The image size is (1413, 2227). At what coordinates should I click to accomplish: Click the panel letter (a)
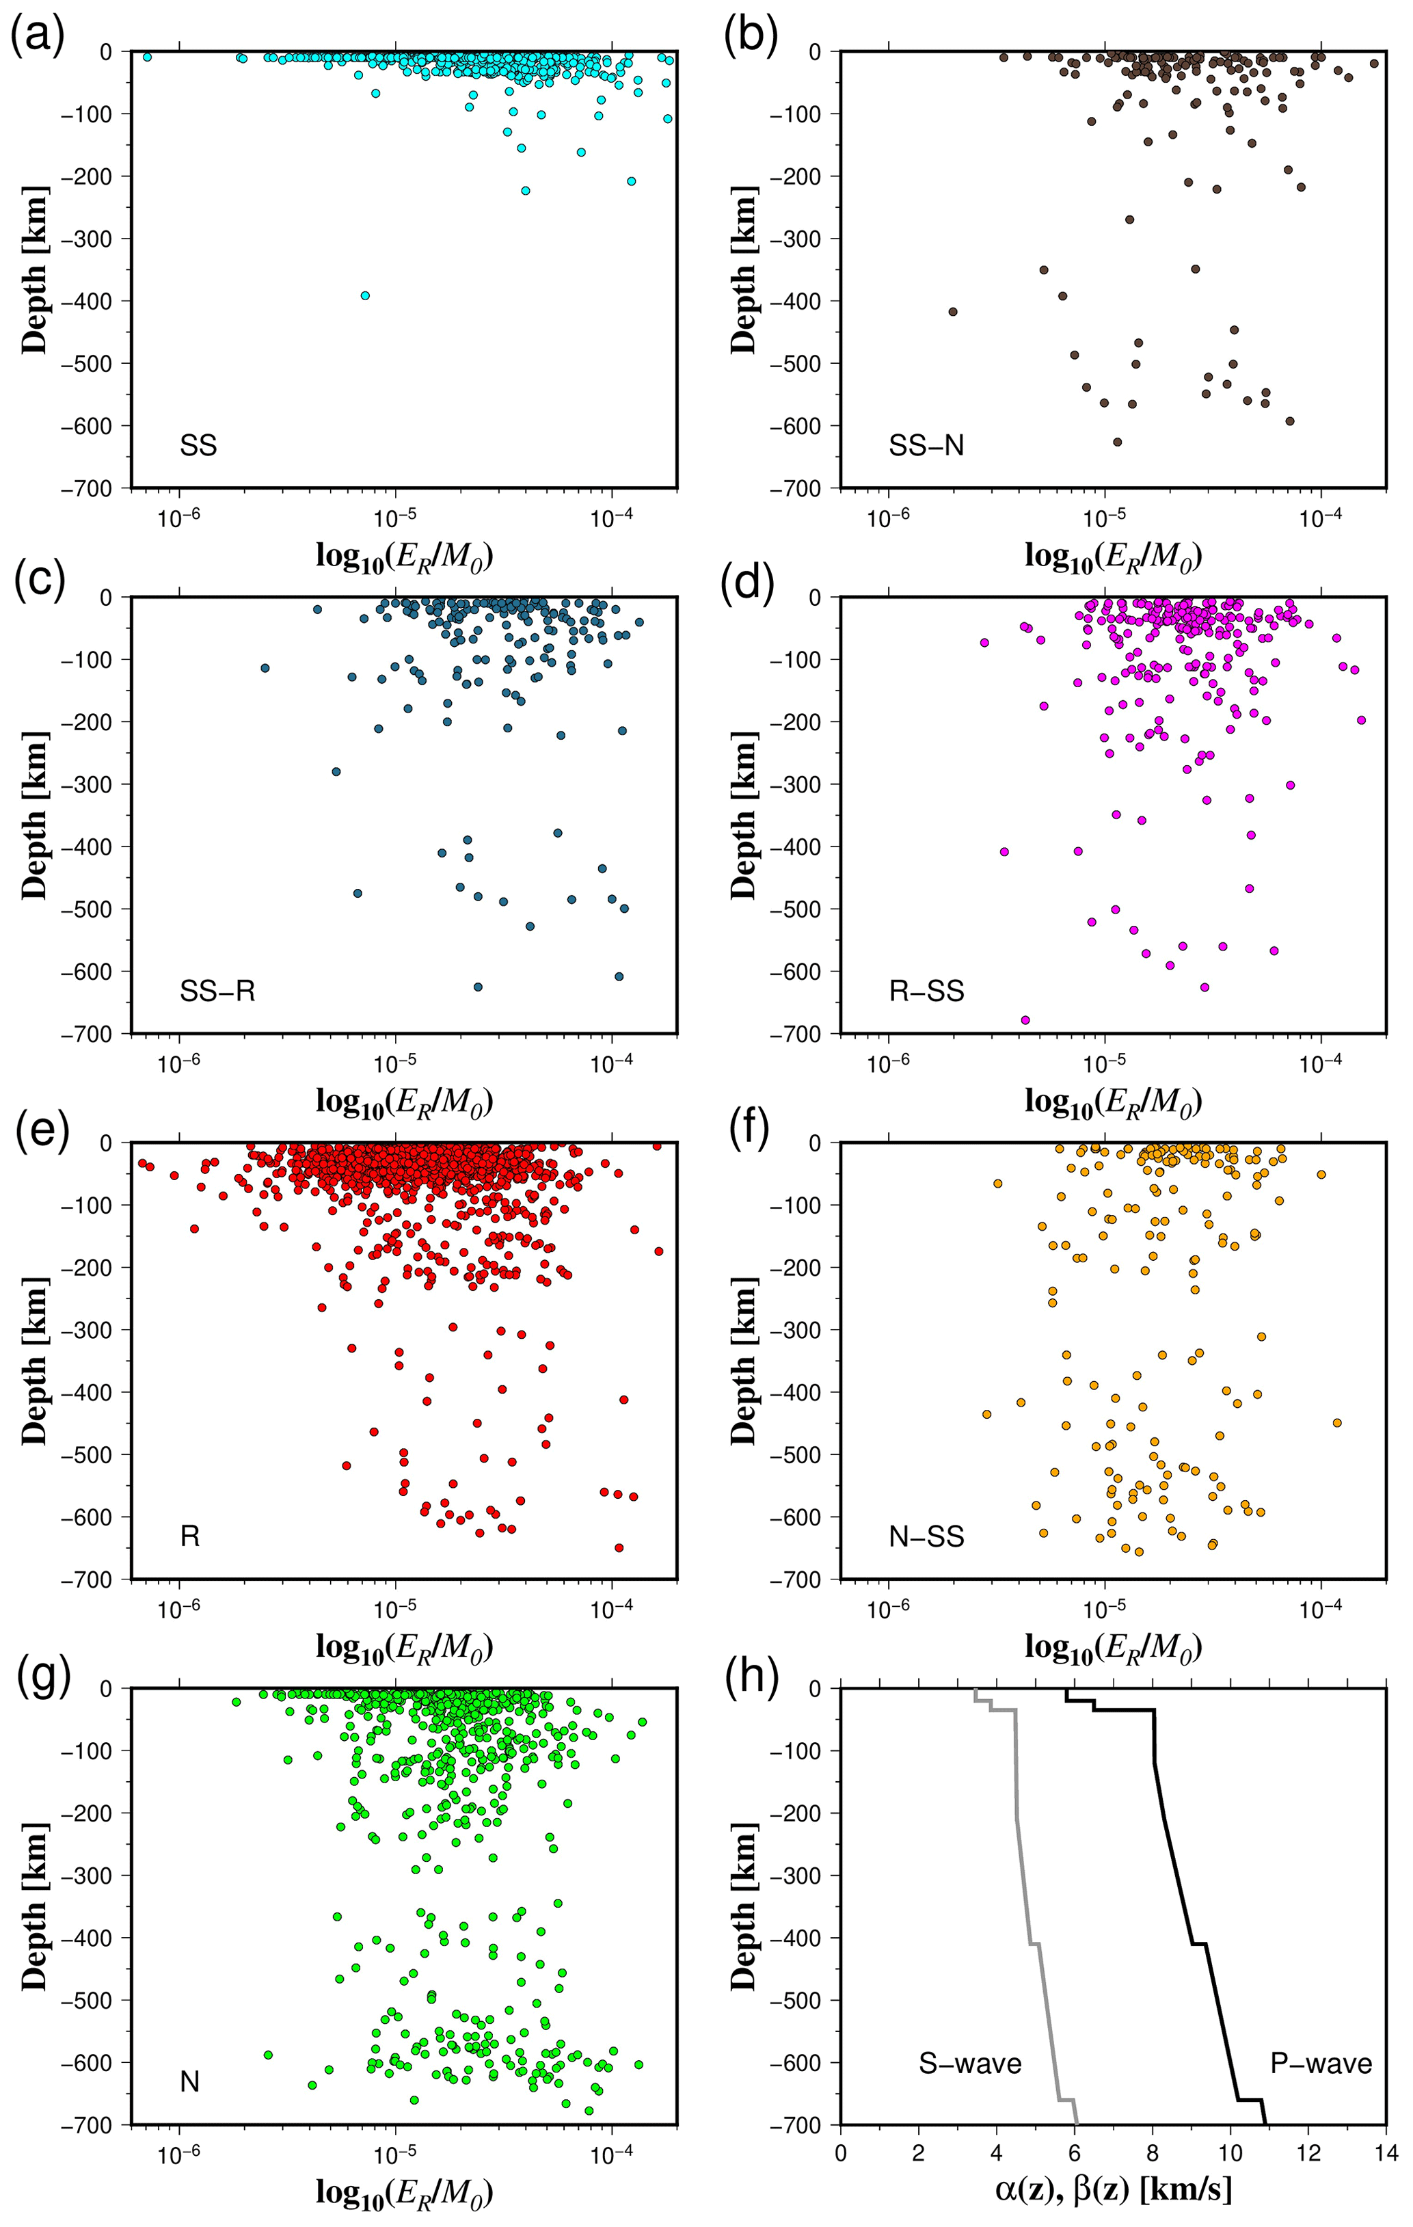[x=38, y=40]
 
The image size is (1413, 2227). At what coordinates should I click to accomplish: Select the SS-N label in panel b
[x=926, y=446]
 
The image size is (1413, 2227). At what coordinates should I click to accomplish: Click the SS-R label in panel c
[x=217, y=991]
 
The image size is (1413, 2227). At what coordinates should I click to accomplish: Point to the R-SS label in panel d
[x=926, y=991]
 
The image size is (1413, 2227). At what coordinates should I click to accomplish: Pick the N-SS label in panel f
[x=926, y=1537]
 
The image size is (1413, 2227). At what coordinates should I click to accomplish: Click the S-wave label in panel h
[x=969, y=2064]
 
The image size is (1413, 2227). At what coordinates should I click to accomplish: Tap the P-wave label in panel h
[x=1321, y=2064]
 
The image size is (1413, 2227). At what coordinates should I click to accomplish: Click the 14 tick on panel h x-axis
[x=1385, y=2153]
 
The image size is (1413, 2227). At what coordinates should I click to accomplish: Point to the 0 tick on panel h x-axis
[x=839, y=2153]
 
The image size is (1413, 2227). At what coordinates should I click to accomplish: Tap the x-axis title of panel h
[x=1112, y=2190]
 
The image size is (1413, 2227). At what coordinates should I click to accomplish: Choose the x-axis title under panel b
[x=1112, y=556]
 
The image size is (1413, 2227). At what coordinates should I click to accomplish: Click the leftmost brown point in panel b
[x=952, y=312]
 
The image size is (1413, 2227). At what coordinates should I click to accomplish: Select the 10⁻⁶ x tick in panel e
[x=179, y=1608]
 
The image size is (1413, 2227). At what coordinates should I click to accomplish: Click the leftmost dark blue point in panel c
[x=265, y=668]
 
